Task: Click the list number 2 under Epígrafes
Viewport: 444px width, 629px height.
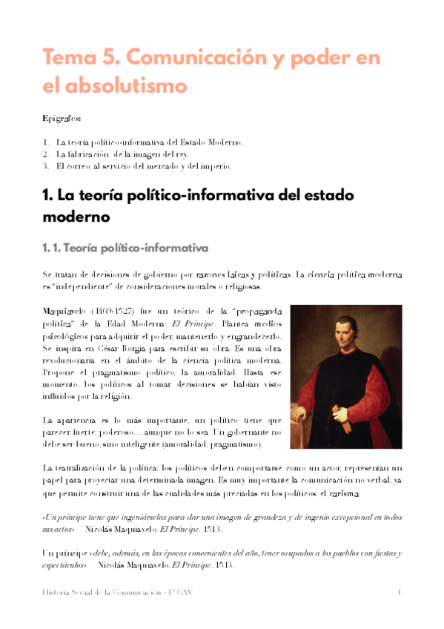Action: click(45, 154)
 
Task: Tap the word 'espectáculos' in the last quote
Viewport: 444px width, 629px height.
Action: click(64, 566)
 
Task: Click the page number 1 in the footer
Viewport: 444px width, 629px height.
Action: click(400, 592)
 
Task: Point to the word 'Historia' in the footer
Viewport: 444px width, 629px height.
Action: click(56, 592)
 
